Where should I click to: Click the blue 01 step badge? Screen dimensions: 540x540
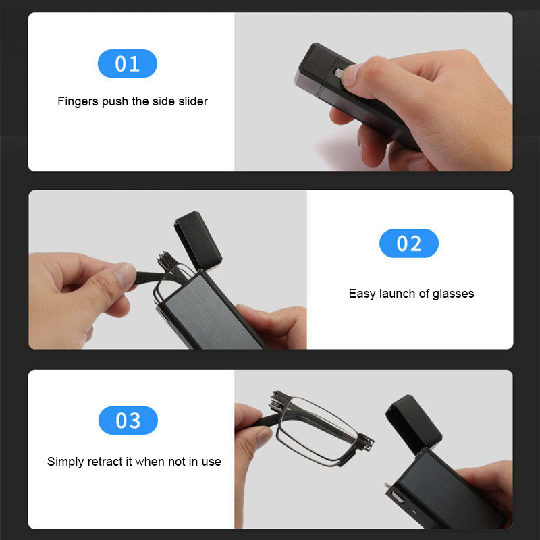(x=128, y=64)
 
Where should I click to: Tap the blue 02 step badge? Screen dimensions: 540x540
(x=409, y=243)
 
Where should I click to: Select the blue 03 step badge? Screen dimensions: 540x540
(x=128, y=421)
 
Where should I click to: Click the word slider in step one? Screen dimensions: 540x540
(x=190, y=101)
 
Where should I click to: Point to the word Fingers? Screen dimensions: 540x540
(x=78, y=101)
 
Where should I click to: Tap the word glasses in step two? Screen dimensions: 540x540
(x=453, y=294)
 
